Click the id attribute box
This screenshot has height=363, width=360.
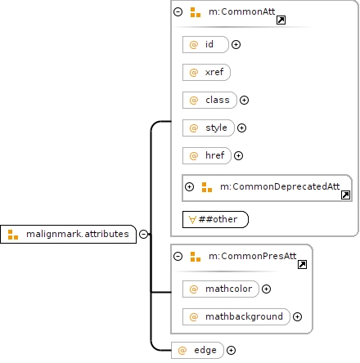205,44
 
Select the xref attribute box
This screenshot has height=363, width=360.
206,72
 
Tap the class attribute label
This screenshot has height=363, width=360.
218,100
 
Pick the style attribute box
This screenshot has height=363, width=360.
209,128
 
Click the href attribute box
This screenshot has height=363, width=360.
207,155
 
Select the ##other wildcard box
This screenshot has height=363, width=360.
215,219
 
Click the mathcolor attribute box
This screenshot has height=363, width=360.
221,289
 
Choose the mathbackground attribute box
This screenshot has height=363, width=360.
236,316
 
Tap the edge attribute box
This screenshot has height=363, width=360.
197,350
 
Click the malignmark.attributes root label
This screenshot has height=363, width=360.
78,234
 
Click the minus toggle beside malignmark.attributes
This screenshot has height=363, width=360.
143,234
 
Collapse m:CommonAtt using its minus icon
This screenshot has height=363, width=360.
178,11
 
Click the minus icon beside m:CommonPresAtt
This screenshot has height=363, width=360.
178,256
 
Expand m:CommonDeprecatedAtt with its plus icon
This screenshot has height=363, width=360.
189,186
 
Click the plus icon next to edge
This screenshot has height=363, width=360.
231,350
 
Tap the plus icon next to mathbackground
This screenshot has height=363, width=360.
297,316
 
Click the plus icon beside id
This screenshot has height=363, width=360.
236,44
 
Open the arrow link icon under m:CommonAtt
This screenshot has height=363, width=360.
281,20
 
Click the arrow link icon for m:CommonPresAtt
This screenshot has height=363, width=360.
302,264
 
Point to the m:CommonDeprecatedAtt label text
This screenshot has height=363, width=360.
280,186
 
